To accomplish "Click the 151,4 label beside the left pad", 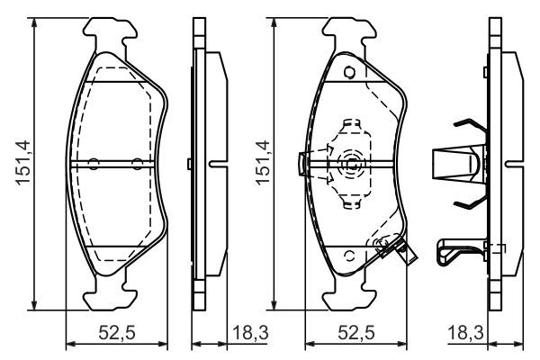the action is click(23, 162).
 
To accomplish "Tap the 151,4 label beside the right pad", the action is click(263, 162).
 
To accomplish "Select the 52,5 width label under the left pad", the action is click(117, 333).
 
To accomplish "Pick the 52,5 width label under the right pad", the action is click(355, 333).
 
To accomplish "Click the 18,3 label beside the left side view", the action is click(250, 333).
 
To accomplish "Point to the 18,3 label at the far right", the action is click(465, 333).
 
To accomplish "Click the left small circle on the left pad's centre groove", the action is click(94, 164).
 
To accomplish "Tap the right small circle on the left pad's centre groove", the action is click(138, 164).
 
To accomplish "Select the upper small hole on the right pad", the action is click(349, 72).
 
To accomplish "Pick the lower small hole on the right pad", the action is click(349, 256).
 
